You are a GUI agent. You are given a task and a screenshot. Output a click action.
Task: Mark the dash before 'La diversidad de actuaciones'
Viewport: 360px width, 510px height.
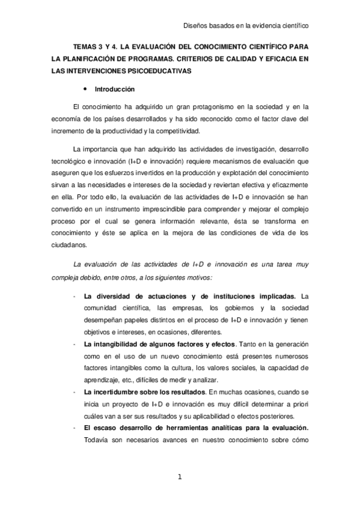coord(73,296)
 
